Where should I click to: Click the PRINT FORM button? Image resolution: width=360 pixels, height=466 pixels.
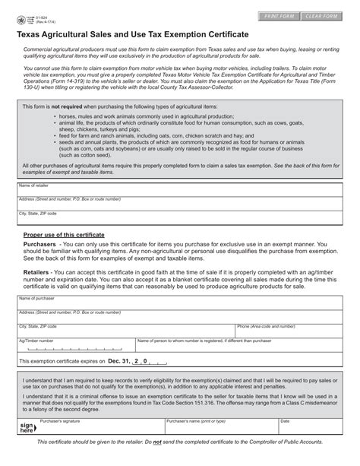[x=279, y=16]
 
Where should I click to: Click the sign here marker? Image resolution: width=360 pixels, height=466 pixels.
[x=27, y=426]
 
